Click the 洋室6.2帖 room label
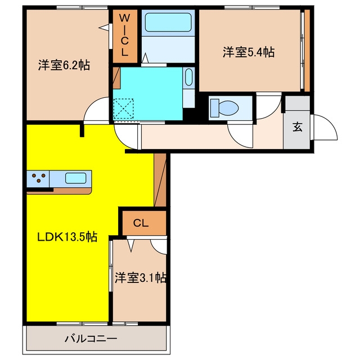point(64,65)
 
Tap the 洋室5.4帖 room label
point(249,52)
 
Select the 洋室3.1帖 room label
point(141,278)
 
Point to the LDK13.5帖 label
point(67,237)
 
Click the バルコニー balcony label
point(91,339)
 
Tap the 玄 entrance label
point(298,127)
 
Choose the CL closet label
point(141,223)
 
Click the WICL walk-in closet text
point(125,35)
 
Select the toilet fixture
point(224,107)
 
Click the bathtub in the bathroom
point(168,22)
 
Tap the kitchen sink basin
point(75,178)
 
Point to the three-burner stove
point(38,179)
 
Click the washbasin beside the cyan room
point(189,77)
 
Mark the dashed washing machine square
point(124,109)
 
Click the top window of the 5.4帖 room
point(252,7)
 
